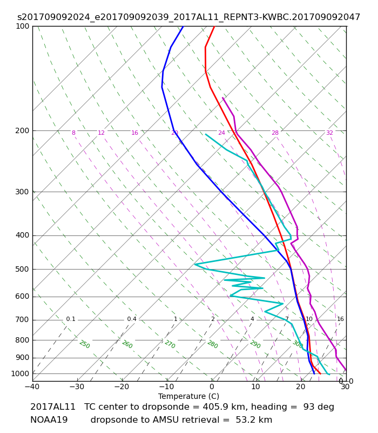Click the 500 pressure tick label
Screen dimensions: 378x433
(22, 269)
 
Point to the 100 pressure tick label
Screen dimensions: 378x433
(22, 26)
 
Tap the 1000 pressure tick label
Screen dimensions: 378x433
(20, 373)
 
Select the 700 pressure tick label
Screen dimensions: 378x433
(22, 319)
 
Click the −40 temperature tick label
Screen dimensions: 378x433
(32, 386)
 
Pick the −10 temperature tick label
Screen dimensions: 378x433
(167, 386)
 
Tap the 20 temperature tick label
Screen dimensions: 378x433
(301, 386)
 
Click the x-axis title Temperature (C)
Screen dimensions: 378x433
(188, 396)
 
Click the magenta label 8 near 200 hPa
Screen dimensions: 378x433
(73, 133)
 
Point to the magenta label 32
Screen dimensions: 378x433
(329, 133)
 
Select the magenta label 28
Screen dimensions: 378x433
(275, 133)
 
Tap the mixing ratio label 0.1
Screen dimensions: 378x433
(71, 319)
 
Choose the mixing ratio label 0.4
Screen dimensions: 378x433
(132, 319)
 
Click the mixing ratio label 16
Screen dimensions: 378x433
(340, 319)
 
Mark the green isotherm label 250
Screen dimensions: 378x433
(85, 344)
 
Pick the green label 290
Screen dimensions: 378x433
(255, 344)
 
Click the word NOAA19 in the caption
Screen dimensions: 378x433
(49, 420)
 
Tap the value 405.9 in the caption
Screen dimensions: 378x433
(214, 407)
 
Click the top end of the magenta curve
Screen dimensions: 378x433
(222, 98)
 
